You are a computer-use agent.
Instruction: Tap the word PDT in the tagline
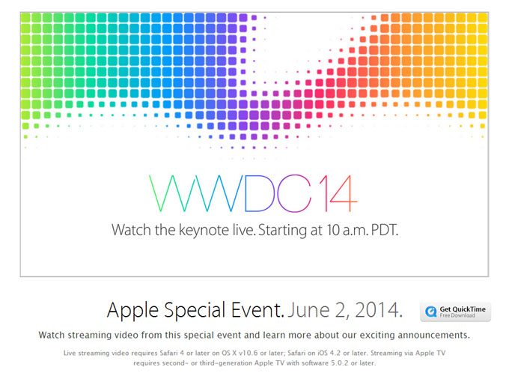point(380,229)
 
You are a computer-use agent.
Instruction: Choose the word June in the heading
point(311,309)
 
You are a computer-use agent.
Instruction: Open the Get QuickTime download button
point(455,312)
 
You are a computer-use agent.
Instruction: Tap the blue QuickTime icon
point(431,312)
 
